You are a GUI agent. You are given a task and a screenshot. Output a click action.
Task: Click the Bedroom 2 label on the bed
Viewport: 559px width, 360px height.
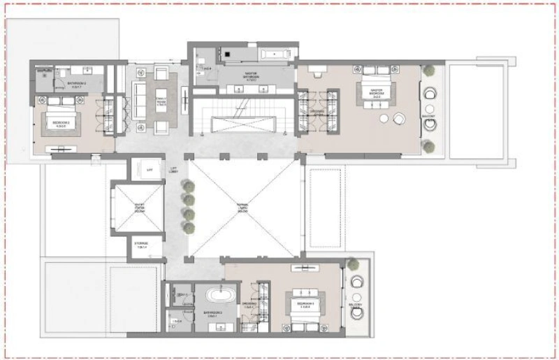coord(60,127)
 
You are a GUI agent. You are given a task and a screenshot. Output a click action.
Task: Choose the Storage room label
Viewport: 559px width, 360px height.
coord(143,245)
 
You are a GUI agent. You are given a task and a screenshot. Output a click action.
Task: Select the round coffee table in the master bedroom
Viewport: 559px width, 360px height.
coord(400,117)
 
